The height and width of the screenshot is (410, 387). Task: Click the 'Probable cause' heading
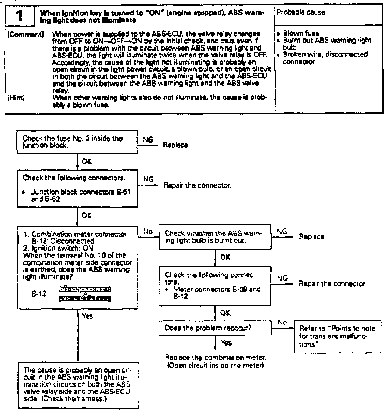(x=301, y=13)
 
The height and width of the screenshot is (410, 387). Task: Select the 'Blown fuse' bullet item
(x=301, y=34)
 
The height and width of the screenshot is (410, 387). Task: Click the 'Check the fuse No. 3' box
(x=77, y=142)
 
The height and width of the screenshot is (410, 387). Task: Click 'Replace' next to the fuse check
(x=175, y=145)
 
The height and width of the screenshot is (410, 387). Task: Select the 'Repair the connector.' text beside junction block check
(x=197, y=185)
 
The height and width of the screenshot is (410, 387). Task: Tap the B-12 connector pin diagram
(x=85, y=294)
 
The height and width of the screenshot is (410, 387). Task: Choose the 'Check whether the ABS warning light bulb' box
(x=215, y=237)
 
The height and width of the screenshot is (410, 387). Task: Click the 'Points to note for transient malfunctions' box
(x=338, y=336)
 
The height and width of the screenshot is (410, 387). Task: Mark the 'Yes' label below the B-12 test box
(x=88, y=316)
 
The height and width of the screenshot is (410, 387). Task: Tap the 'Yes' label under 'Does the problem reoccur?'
(x=226, y=343)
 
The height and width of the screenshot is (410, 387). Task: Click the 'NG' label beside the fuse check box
(x=147, y=140)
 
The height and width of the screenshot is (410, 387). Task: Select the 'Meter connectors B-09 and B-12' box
(x=215, y=286)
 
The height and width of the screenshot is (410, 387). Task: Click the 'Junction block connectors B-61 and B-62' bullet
(x=79, y=196)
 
